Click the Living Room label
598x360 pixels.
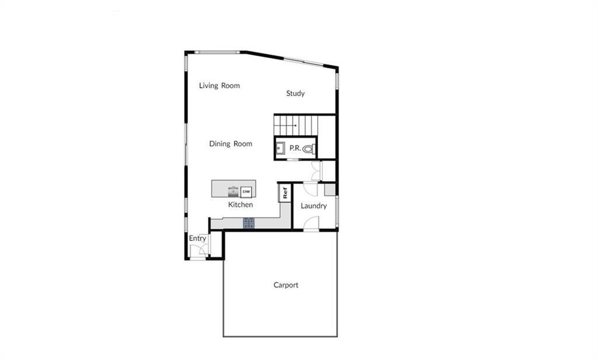tap(219, 85)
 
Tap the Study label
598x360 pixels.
tap(295, 94)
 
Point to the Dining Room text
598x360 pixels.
tap(231, 144)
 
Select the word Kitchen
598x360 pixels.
tap(240, 205)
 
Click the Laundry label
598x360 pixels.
tap(314, 206)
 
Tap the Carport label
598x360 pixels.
tap(286, 285)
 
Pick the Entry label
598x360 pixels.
tap(197, 238)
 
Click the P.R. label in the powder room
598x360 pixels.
tap(295, 148)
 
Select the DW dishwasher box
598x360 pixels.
tap(246, 191)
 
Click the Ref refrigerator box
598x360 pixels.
tap(285, 193)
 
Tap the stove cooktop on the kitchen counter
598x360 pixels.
tap(249, 222)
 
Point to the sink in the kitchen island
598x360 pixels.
tap(234, 191)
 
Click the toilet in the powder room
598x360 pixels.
tap(310, 149)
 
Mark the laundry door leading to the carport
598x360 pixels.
tap(312, 224)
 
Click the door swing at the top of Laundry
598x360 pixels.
tap(310, 189)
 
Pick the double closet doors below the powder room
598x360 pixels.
tap(317, 170)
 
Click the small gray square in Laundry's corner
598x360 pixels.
tap(329, 189)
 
